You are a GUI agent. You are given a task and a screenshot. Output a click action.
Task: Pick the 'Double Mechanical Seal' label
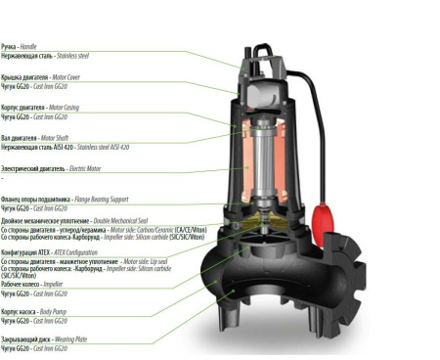(x=83, y=221)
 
